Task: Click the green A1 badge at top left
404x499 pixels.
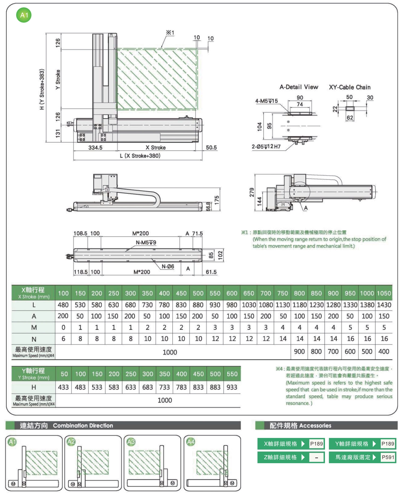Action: coord(24,15)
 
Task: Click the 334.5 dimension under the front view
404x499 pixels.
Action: coord(95,148)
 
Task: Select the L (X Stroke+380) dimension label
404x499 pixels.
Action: coord(140,156)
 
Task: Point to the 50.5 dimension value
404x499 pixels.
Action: coord(211,148)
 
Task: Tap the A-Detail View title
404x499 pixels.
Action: coord(299,87)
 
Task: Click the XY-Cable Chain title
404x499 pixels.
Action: coord(350,87)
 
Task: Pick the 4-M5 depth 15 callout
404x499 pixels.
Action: coord(266,101)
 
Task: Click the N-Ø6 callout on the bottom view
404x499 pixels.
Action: coord(168,267)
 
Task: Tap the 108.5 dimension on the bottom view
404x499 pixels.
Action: coord(81,233)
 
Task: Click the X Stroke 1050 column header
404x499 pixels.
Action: coord(384,293)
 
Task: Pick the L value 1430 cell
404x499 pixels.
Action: coord(384,305)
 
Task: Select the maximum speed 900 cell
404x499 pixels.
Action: coord(299,352)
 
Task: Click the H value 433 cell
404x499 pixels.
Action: coord(63,387)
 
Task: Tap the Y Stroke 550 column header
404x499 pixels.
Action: coord(232,374)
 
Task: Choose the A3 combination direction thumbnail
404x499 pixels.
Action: coord(152,463)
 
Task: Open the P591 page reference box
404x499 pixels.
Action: coord(388,457)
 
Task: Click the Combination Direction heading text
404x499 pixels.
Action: coord(83,426)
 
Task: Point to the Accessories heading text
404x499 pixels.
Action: coord(315,426)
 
